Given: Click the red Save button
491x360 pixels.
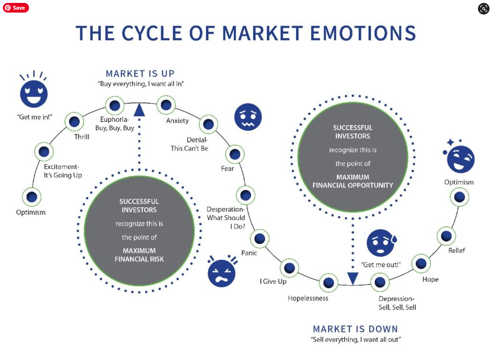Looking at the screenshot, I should tap(15, 8).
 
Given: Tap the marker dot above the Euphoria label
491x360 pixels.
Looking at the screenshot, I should tap(115, 105).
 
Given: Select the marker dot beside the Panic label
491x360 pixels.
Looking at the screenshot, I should tap(260, 238).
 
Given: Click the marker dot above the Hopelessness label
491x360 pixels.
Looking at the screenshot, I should tap(328, 282).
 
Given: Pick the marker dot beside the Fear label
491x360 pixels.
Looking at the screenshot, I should tap(235, 154).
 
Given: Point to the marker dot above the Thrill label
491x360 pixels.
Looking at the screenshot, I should tap(74, 122).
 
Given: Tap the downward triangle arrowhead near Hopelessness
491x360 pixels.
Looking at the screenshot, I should tap(353, 278).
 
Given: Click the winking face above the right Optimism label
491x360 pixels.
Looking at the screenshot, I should tap(460, 159).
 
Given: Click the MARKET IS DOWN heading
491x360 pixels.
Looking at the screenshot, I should tap(355, 329).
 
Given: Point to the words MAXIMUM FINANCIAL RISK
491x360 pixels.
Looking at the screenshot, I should tap(139, 255).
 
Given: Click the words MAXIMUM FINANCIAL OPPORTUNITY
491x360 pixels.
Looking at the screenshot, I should tap(353, 181).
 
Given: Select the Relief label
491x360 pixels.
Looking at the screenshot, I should tap(457, 251).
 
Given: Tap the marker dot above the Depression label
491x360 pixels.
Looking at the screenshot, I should tap(380, 282).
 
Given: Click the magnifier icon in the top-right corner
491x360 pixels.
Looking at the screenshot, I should tap(484, 8).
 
